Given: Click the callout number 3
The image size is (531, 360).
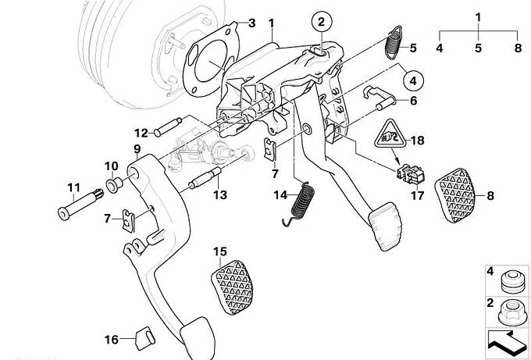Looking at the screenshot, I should pyautogui.click(x=251, y=23).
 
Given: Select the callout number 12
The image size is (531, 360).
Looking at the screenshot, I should pyautogui.click(x=140, y=132).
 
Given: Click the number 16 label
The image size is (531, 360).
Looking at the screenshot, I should pyautogui.click(x=112, y=340).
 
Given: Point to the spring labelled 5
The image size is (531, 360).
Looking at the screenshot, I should pyautogui.click(x=395, y=42).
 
